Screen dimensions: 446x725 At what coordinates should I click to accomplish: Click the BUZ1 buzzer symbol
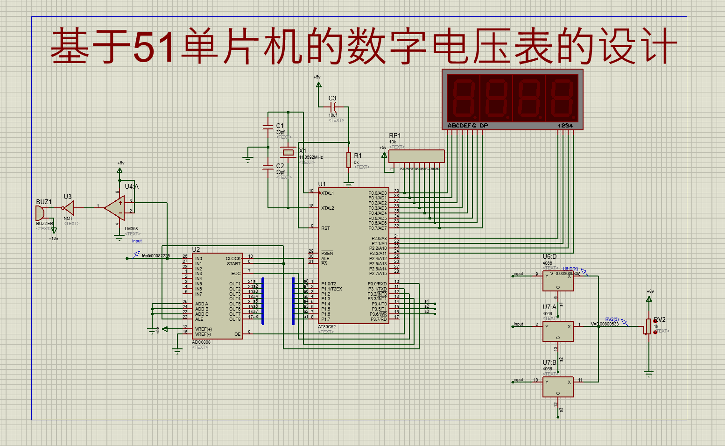pos(40,213)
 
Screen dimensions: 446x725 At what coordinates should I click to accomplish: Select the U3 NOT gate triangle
pos(69,208)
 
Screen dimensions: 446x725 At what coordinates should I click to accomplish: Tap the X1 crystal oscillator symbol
pos(289,152)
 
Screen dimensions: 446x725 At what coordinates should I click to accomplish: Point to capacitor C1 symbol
pos(268,127)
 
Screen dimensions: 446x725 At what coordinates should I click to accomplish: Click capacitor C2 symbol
pos(268,167)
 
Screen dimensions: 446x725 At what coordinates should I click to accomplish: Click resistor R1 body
pos(348,160)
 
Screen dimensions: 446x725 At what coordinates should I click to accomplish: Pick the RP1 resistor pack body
pos(416,156)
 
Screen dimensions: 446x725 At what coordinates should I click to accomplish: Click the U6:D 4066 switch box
pos(558,281)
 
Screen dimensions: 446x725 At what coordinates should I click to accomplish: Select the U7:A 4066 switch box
pos(558,331)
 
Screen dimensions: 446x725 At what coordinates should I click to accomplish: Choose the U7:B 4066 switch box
pos(558,387)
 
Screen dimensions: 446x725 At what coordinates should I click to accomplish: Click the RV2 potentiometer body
pos(648,326)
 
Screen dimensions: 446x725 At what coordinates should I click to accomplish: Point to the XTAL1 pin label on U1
pos(328,193)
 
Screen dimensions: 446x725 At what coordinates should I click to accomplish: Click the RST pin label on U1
pos(325,228)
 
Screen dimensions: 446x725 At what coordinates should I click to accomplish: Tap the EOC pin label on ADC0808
pos(236,274)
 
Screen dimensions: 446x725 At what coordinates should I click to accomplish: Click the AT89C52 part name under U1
pos(327,327)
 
